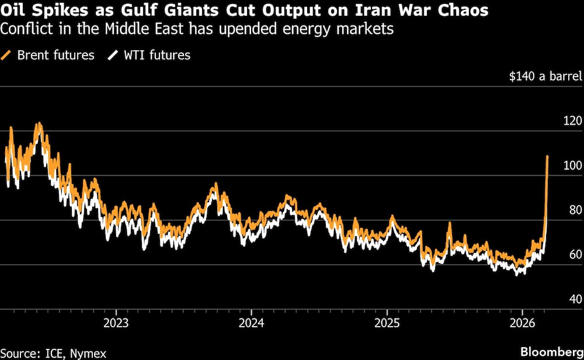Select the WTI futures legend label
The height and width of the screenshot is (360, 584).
point(156,56)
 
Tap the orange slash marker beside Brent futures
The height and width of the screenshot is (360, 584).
point(8,56)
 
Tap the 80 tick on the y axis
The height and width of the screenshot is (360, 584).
point(573,210)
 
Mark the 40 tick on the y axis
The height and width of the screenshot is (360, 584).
point(573,299)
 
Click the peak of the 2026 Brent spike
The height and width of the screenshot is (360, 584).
point(547,157)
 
